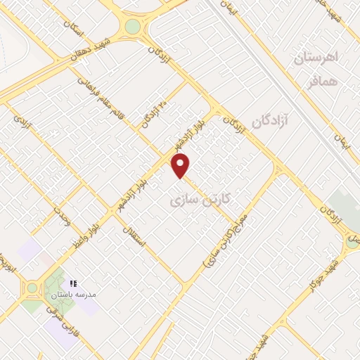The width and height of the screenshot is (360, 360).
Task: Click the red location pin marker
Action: [x=181, y=166]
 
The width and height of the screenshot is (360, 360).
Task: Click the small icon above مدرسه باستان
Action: [x=72, y=283]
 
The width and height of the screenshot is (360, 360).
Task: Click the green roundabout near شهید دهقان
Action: [x=131, y=27]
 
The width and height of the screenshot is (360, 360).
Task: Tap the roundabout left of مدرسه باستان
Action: [x=32, y=288]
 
